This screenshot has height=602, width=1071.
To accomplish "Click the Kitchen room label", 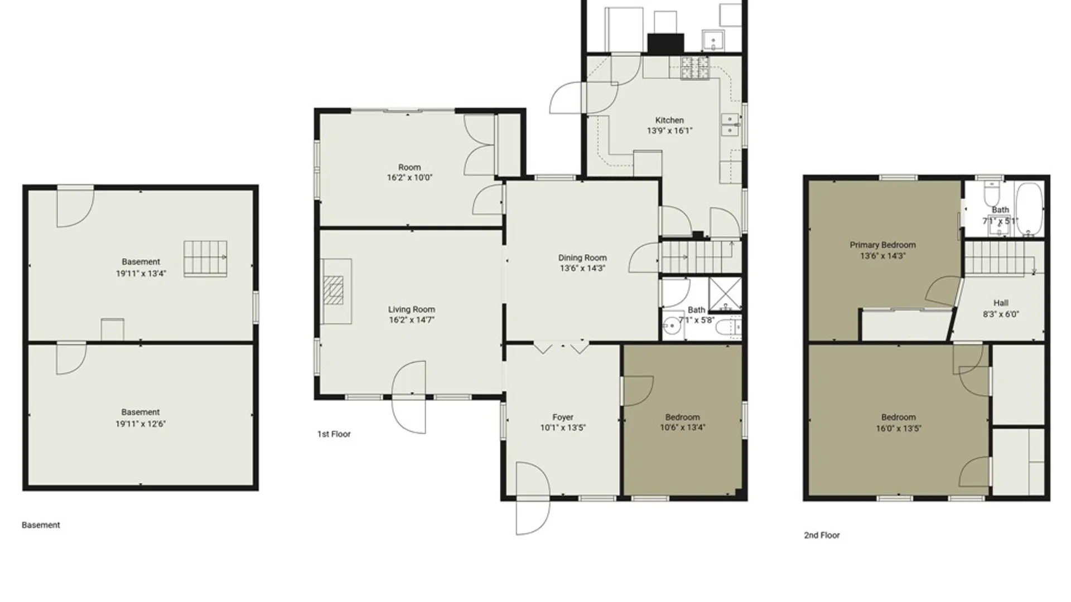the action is click(x=669, y=120).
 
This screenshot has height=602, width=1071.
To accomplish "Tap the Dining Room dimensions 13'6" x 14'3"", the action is click(x=582, y=268).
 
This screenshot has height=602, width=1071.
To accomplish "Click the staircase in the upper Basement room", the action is click(x=205, y=258).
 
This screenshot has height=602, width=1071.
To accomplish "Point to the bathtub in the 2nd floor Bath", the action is click(x=1029, y=210).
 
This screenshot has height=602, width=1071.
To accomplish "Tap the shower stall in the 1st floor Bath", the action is click(x=725, y=294).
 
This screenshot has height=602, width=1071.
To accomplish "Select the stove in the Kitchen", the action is click(x=694, y=69).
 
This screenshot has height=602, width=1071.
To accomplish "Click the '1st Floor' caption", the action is click(x=334, y=434).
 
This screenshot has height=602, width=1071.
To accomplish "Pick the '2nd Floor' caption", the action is click(x=822, y=535).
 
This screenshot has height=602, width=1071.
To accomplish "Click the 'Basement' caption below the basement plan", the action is click(x=41, y=525).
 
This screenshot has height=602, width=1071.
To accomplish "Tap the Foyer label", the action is click(x=563, y=417).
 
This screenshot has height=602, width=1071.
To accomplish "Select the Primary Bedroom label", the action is click(x=882, y=245).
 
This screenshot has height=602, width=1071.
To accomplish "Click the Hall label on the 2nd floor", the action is click(x=1001, y=303).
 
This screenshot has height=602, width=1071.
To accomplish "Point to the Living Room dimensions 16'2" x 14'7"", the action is click(x=412, y=320).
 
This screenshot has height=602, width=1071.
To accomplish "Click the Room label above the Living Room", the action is click(x=409, y=167).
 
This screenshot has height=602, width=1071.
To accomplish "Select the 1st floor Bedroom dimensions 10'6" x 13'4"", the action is click(x=683, y=428).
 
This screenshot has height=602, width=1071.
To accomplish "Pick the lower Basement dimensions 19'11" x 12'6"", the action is click(x=141, y=424).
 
